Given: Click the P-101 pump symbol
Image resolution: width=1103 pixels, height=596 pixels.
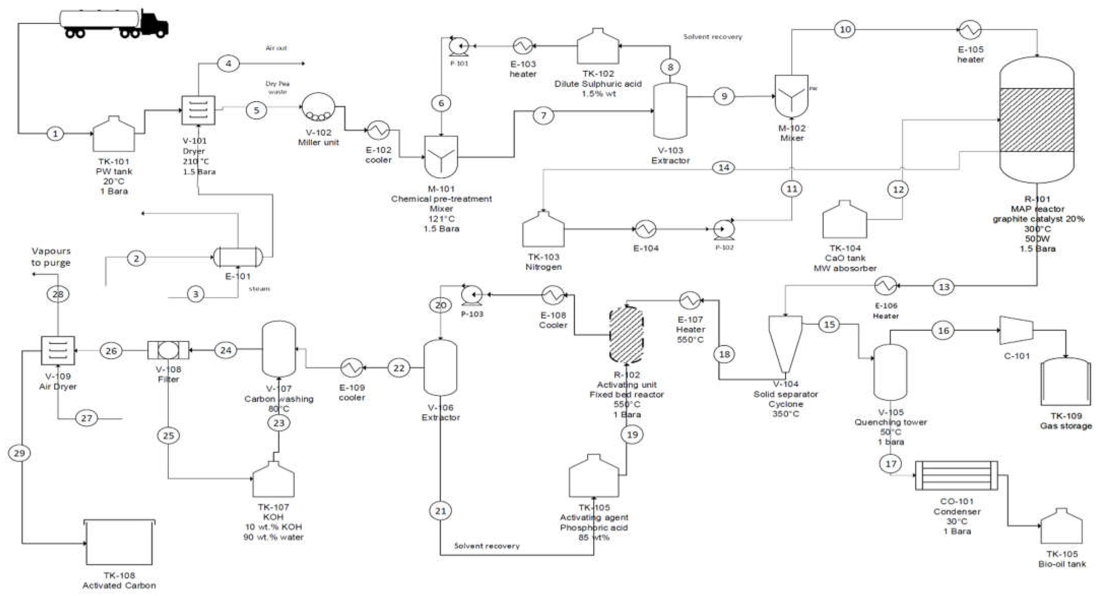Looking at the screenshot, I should tap(459, 45).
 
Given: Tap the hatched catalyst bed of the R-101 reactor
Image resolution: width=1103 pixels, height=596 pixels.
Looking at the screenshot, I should tap(1037, 120).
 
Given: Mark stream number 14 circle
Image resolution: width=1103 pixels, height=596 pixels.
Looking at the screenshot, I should tap(724, 168).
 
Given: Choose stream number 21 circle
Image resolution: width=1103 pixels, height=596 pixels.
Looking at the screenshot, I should tap(441, 511).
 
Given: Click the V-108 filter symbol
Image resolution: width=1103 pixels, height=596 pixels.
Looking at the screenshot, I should tap(168, 350).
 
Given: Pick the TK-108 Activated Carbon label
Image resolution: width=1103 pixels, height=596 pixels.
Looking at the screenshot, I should tap(119, 581).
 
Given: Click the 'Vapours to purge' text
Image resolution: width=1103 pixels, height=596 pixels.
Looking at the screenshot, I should tap(51, 257).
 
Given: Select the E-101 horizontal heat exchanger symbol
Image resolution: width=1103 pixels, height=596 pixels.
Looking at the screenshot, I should tap(238, 258).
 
